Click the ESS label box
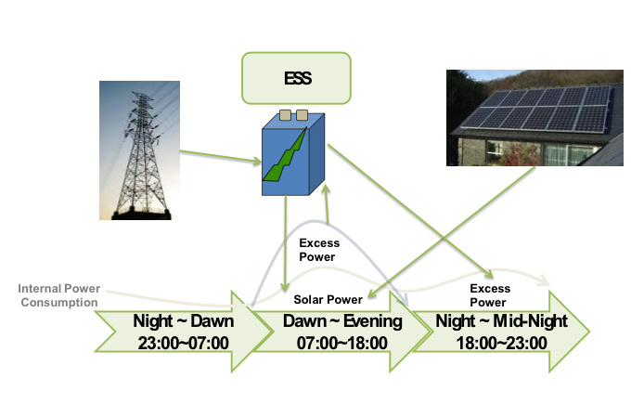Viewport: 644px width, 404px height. (296, 78)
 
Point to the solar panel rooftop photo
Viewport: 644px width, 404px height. (535, 115)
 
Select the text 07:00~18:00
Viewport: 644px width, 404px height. (334, 342)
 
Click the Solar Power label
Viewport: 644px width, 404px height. (328, 299)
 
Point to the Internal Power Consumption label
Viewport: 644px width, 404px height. (58, 294)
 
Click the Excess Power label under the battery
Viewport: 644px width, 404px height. (318, 249)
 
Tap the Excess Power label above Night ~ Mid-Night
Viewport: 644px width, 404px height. (489, 295)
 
